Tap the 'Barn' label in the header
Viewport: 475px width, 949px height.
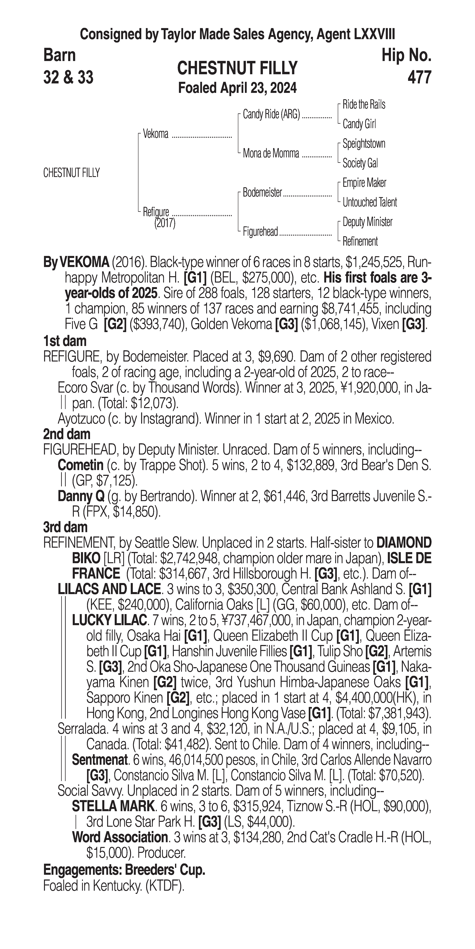coord(59,55)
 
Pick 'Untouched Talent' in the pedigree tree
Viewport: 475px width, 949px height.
coord(370,202)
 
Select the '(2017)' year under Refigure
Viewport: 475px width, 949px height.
coord(165,223)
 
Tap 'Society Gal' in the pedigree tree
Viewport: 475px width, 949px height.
coord(360,163)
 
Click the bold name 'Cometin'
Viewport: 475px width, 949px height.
coord(80,465)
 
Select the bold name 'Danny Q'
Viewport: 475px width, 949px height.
coord(81,497)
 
